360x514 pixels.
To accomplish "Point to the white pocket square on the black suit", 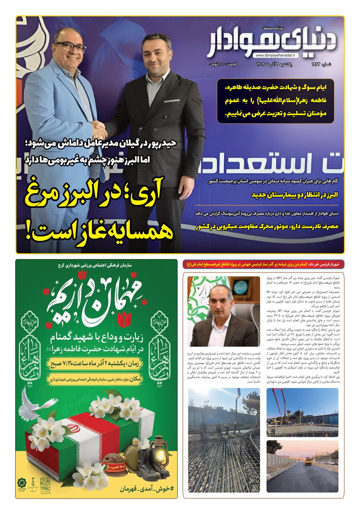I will tap(172, 101).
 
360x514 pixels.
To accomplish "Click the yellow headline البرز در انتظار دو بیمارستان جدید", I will tap(295, 195).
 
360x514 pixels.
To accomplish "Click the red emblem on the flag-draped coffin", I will tap(73, 427).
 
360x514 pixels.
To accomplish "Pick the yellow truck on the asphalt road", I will tap(308, 461).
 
